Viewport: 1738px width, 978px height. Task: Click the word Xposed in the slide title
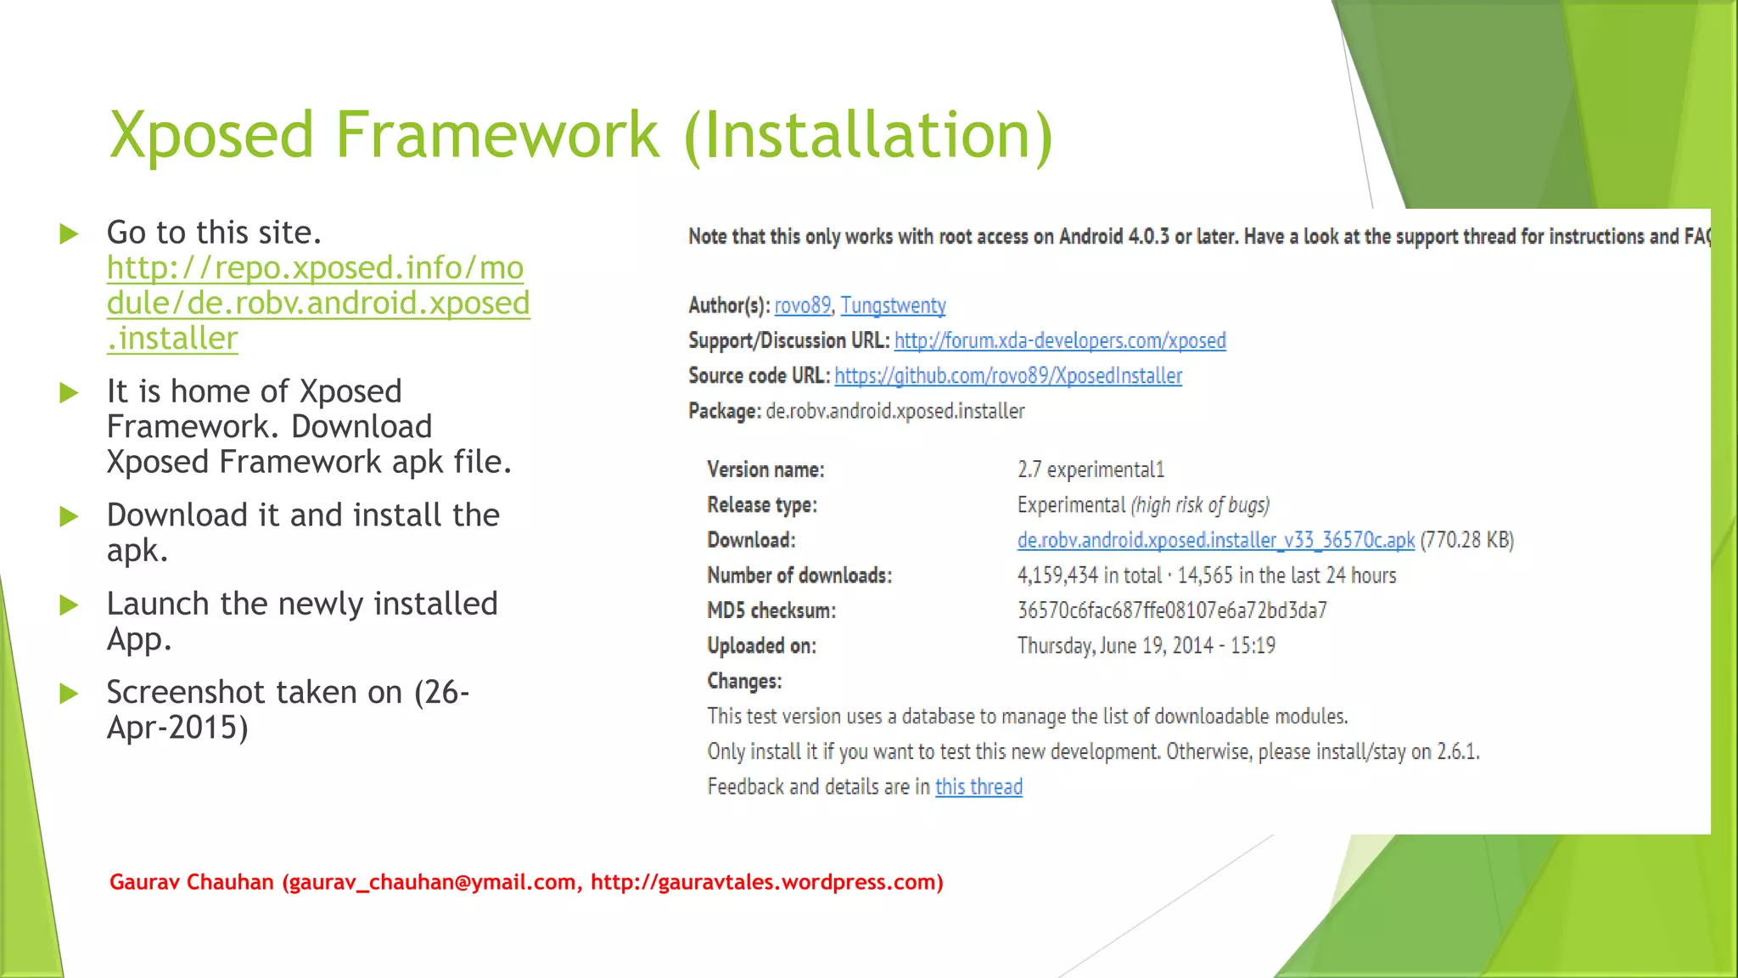point(212,135)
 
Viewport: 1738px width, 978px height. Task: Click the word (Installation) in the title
point(867,135)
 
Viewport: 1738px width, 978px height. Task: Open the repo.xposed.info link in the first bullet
point(317,303)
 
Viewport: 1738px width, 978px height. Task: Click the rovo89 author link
point(802,306)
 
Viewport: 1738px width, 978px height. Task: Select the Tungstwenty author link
point(893,306)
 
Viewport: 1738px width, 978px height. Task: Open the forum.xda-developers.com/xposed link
point(1060,341)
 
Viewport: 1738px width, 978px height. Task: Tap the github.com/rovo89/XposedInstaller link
point(1008,376)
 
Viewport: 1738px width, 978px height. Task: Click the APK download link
point(1215,541)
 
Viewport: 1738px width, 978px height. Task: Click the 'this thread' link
point(978,787)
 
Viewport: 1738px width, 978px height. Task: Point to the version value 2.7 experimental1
point(1090,470)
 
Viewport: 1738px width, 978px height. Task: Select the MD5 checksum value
point(1172,611)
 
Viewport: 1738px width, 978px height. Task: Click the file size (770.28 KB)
point(1467,541)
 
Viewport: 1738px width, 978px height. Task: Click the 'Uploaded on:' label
point(761,647)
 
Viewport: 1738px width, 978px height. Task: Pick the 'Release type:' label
point(762,506)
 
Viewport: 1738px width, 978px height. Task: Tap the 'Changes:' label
point(744,682)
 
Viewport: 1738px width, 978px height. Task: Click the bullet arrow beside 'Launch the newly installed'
point(69,605)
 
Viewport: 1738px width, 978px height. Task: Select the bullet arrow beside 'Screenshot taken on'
point(69,694)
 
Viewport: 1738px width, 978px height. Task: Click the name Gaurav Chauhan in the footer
point(191,882)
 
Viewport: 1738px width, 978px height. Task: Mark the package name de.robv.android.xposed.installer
point(895,412)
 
